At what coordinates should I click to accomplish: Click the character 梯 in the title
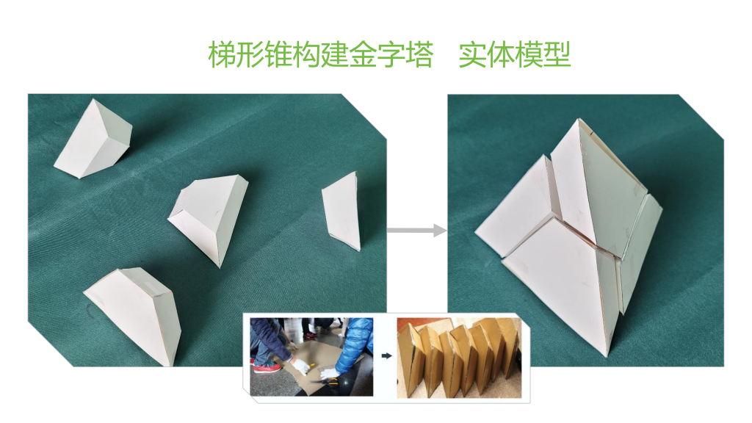pyautogui.click(x=222, y=54)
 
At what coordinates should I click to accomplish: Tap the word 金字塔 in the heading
pyautogui.click(x=391, y=54)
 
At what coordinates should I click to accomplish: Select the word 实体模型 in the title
pyautogui.click(x=515, y=54)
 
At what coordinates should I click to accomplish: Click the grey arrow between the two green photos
pyautogui.click(x=416, y=230)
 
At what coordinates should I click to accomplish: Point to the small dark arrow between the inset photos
pyautogui.click(x=386, y=356)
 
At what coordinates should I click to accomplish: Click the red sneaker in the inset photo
pyautogui.click(x=267, y=368)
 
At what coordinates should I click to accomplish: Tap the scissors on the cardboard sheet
pyautogui.click(x=324, y=382)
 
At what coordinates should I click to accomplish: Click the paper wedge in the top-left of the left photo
pyautogui.click(x=93, y=139)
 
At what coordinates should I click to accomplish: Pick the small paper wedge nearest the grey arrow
pyautogui.click(x=342, y=211)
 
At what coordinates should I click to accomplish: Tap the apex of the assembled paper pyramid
pyautogui.click(x=579, y=119)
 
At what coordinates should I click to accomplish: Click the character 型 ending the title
pyautogui.click(x=557, y=54)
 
